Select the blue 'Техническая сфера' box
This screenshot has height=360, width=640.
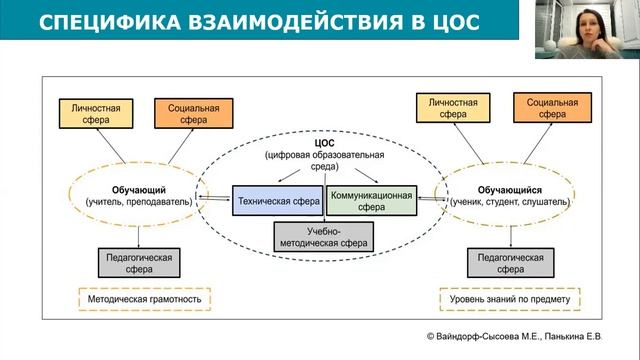tap(278, 201)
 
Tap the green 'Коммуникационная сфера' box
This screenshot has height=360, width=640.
tap(371, 201)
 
